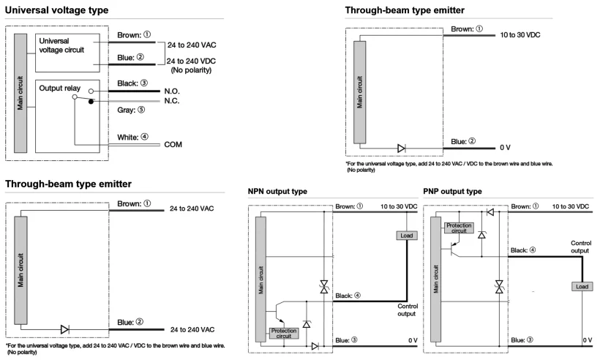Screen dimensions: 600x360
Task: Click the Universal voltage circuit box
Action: [67, 53]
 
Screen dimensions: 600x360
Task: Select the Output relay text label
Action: [60, 88]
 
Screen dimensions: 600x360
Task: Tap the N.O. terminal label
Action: [172, 91]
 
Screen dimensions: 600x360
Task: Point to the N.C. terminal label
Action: [172, 101]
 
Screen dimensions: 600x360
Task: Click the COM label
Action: [173, 145]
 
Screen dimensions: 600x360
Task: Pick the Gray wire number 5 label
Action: [131, 110]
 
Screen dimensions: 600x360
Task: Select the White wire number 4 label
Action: [132, 137]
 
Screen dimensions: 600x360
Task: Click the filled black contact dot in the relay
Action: [91, 102]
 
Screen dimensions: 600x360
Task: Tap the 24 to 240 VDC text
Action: [191, 61]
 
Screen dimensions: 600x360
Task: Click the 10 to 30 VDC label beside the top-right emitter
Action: [520, 35]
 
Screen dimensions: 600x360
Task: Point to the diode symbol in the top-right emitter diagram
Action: [402, 149]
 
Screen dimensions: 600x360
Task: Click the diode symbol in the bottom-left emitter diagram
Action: [64, 329]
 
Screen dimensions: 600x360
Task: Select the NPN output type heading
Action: [277, 191]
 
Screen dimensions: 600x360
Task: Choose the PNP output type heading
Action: [452, 191]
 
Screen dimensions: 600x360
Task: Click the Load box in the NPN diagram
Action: [406, 236]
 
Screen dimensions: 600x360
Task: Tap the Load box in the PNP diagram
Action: [582, 287]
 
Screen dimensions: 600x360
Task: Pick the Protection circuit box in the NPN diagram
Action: [284, 333]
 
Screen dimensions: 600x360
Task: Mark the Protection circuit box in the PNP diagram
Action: [459, 228]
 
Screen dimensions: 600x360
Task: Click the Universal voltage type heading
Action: [56, 10]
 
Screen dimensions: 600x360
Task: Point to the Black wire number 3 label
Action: [132, 83]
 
